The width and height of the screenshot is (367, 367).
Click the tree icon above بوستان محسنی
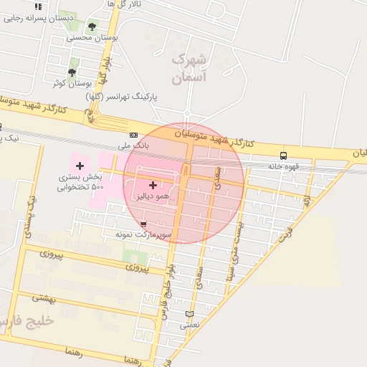(91, 27)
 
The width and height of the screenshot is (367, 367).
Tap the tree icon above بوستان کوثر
(72, 72)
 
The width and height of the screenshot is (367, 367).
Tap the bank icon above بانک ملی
(133, 134)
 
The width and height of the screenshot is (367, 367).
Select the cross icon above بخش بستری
(80, 166)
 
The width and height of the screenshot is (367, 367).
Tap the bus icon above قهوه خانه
(284, 156)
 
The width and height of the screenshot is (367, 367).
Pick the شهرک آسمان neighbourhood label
(189, 68)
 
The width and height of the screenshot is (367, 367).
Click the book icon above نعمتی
(189, 314)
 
